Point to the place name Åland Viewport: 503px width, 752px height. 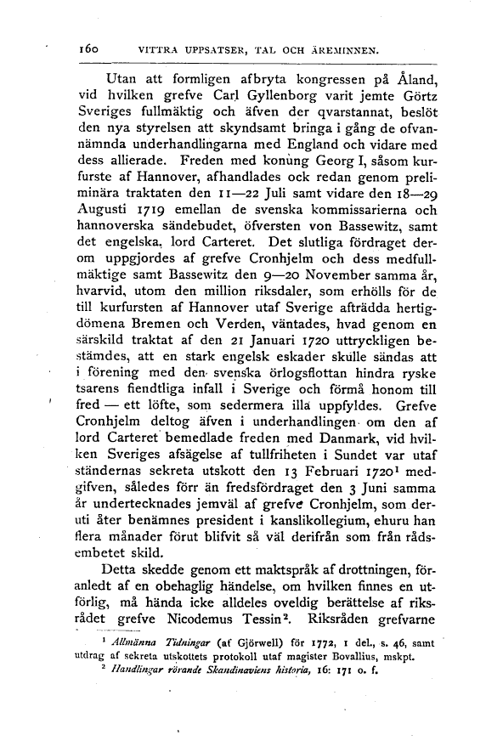(x=421, y=81)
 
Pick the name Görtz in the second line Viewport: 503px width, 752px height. (x=418, y=100)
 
